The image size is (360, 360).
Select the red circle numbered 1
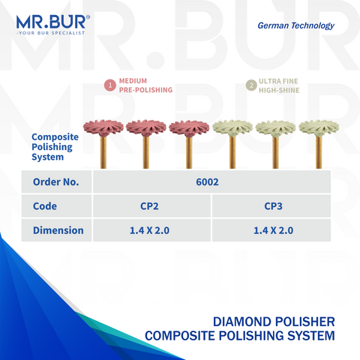tap(110, 85)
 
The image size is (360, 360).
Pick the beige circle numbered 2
tap(250, 85)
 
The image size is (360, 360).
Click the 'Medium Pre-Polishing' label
tap(145, 85)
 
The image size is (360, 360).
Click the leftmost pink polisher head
tap(102, 127)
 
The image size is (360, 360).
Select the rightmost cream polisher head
tap(319, 127)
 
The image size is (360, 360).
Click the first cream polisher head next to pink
tap(232, 127)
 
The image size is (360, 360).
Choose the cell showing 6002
tap(212, 181)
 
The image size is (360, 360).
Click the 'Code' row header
tap(45, 205)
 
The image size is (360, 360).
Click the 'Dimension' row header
tap(58, 229)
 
